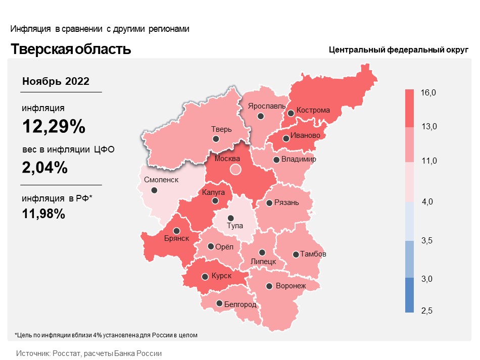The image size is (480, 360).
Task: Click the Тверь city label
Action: coord(221,129)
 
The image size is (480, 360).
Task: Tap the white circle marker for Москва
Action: coord(235,169)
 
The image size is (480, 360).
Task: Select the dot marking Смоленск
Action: coord(154,190)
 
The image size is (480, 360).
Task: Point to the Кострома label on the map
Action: coord(313,110)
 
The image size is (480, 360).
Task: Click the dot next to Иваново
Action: coord(286,138)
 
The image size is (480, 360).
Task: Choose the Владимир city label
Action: coord(299,159)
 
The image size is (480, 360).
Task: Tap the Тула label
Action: coord(235,226)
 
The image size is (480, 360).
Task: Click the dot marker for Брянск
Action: coord(177,231)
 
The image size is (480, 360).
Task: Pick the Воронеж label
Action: coord(291,286)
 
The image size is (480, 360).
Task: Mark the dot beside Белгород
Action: coord(219,303)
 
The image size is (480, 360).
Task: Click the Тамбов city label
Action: coord(313,254)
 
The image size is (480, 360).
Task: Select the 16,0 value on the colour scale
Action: coord(428,93)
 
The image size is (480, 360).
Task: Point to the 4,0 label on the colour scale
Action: coord(427,201)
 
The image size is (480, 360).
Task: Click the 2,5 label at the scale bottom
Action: coord(427,311)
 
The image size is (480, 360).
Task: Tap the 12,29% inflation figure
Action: coord(54,126)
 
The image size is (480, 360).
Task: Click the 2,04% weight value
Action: coord(44,167)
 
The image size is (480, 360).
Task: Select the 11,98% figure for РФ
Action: coord(43,214)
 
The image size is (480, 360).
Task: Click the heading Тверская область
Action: coord(71,49)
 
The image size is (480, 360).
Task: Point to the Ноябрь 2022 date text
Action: coord(56,81)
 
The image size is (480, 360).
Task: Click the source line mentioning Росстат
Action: coord(89,353)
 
